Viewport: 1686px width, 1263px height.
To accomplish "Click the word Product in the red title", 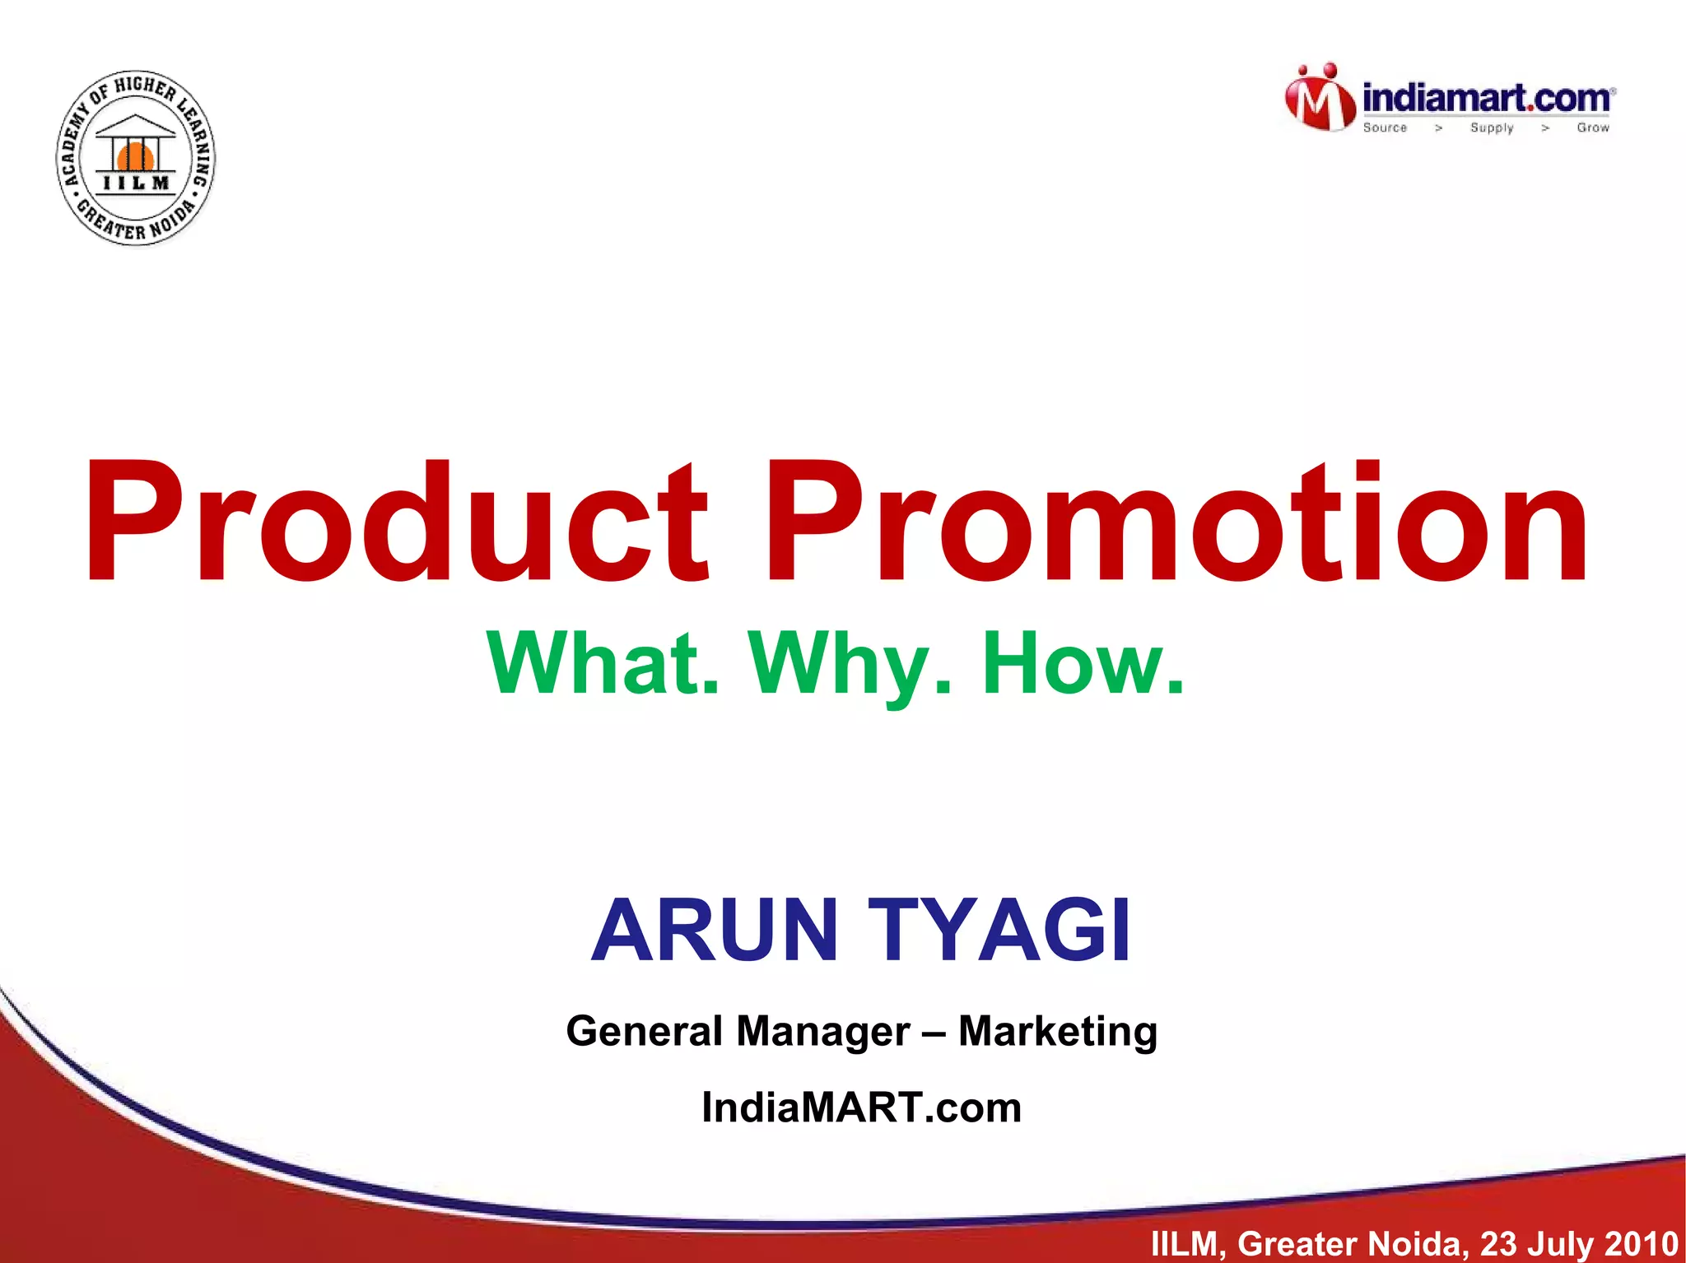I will tap(395, 522).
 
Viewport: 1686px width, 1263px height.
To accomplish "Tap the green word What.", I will tap(602, 663).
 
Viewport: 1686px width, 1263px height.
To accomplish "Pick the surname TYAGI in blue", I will tap(999, 930).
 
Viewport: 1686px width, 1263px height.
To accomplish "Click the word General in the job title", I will tap(644, 1031).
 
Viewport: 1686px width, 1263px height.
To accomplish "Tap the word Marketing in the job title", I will tap(1058, 1031).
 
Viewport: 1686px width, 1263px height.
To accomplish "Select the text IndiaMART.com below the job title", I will tap(861, 1107).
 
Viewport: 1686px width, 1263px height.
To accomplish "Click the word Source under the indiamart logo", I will tap(1385, 128).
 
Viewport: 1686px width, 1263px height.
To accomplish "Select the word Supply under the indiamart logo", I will tap(1492, 128).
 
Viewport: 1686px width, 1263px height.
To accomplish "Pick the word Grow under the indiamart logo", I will tap(1593, 128).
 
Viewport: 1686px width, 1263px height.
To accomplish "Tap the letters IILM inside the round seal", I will tap(137, 183).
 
